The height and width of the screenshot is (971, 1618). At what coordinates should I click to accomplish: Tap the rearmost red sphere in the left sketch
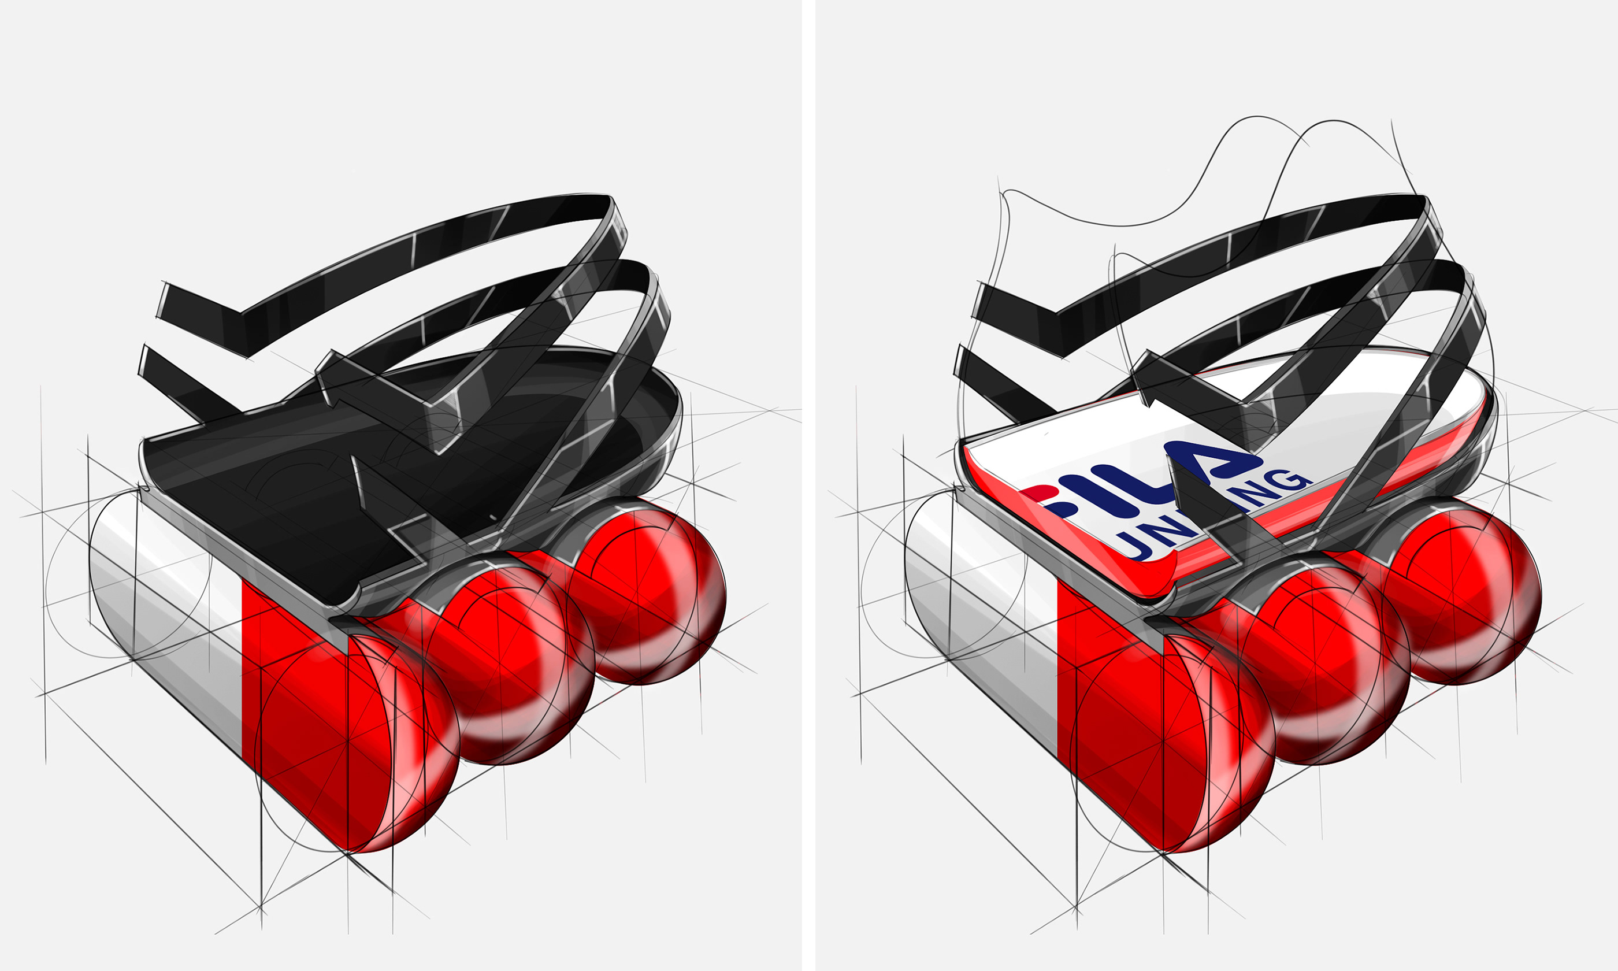coord(654,589)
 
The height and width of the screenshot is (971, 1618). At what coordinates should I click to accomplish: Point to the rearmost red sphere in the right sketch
coord(1471,589)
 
